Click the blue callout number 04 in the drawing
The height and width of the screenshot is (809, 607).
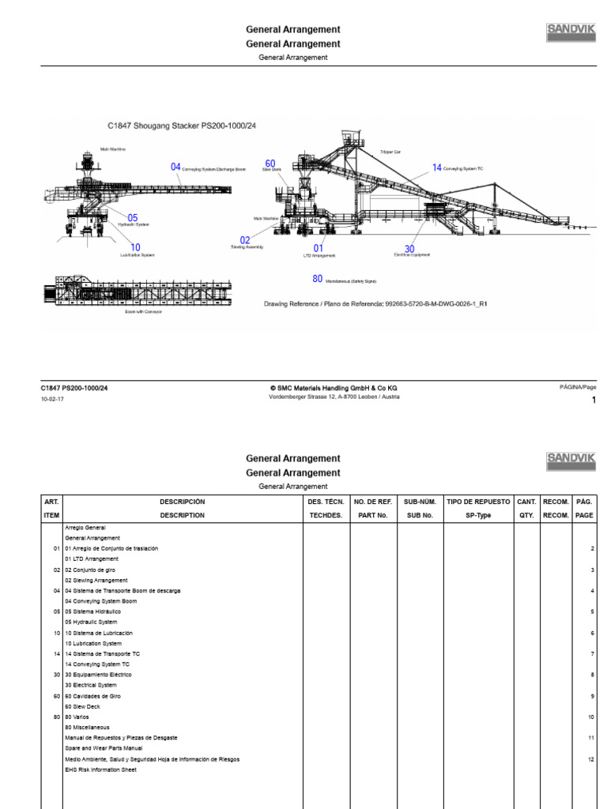(176, 167)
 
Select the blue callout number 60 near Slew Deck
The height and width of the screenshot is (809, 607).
(270, 164)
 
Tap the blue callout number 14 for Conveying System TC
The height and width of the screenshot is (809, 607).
(437, 167)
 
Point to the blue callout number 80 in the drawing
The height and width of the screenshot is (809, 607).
(318, 279)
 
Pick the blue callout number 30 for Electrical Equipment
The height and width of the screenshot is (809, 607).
(409, 249)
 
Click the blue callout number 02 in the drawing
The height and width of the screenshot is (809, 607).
(245, 240)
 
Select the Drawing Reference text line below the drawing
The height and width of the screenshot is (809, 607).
(374, 303)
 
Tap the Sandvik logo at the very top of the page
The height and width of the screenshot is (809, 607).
(571, 32)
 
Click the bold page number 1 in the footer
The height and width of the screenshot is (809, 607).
(594, 401)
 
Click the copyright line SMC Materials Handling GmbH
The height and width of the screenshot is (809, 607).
(334, 388)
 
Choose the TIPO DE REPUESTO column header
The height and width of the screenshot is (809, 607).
(478, 502)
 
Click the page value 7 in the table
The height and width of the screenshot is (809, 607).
(591, 654)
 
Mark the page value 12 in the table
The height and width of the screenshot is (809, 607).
(590, 759)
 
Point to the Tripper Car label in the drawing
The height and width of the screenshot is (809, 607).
(390, 151)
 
